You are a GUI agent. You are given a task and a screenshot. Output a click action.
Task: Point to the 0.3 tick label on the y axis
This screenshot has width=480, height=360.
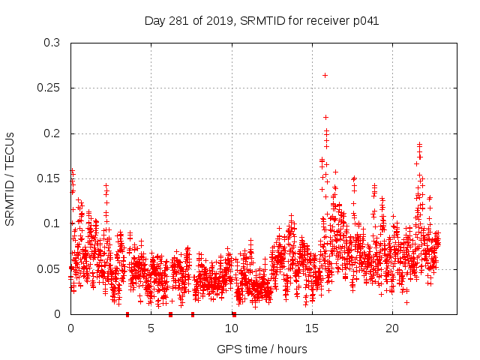(52, 43)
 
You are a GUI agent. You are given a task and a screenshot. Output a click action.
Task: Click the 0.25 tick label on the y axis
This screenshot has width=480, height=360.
(49, 88)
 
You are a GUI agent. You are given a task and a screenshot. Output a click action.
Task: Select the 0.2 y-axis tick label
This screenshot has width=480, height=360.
(52, 133)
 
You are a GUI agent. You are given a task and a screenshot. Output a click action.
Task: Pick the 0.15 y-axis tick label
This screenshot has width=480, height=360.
(49, 178)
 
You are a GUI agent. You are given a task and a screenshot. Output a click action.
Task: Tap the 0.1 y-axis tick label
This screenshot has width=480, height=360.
(52, 223)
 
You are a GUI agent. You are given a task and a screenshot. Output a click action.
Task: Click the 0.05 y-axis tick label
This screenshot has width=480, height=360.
(49, 268)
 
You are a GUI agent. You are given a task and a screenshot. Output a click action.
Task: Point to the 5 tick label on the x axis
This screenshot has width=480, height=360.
(151, 328)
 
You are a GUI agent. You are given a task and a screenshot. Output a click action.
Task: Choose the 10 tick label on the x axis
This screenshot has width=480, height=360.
(231, 328)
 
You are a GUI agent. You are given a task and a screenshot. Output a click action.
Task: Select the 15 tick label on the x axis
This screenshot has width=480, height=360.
(312, 328)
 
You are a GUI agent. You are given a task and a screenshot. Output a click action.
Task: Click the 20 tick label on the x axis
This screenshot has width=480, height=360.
(392, 328)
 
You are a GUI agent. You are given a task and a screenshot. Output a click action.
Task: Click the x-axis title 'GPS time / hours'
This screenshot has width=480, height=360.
(262, 349)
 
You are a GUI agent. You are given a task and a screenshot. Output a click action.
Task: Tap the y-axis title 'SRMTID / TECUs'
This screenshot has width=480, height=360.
(10, 178)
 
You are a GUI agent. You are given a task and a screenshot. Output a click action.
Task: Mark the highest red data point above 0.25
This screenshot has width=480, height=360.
(325, 75)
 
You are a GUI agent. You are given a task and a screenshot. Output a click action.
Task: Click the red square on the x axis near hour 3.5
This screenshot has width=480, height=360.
(127, 314)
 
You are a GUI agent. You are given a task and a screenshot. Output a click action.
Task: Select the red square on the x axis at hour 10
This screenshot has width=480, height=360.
(234, 314)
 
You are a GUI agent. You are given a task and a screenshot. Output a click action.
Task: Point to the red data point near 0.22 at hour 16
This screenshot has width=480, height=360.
(325, 117)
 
